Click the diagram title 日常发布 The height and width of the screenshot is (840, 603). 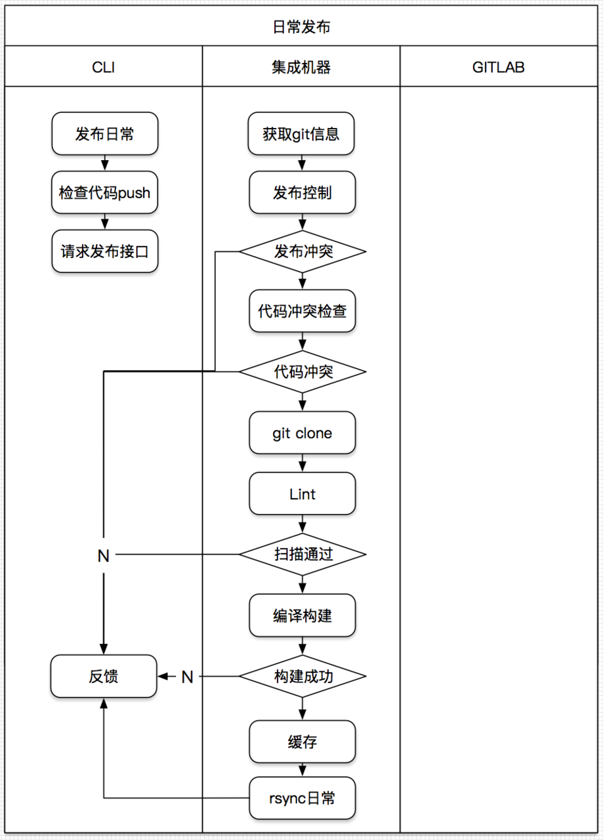click(301, 27)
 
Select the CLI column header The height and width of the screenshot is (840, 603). click(104, 67)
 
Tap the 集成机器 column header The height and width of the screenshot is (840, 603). click(301, 67)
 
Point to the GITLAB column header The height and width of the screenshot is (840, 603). click(499, 67)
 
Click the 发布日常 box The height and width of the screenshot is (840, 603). click(104, 134)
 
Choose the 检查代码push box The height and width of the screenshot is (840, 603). click(104, 193)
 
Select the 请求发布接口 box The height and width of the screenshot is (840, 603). click(104, 251)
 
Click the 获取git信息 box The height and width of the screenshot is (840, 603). click(302, 134)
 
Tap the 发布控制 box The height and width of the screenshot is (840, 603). click(302, 193)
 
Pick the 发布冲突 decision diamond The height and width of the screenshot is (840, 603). click(302, 251)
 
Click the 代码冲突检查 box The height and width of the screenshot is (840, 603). click(302, 311)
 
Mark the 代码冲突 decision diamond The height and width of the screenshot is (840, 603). click(302, 371)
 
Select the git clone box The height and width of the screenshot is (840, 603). click(302, 433)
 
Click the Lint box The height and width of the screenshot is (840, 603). click(302, 493)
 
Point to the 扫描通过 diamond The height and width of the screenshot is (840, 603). click(302, 554)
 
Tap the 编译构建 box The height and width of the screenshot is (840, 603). click(302, 616)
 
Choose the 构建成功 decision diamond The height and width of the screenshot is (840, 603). click(302, 676)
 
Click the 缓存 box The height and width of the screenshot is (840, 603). click(302, 742)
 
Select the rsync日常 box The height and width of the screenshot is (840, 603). click(302, 798)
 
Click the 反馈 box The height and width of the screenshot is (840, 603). click(104, 676)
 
